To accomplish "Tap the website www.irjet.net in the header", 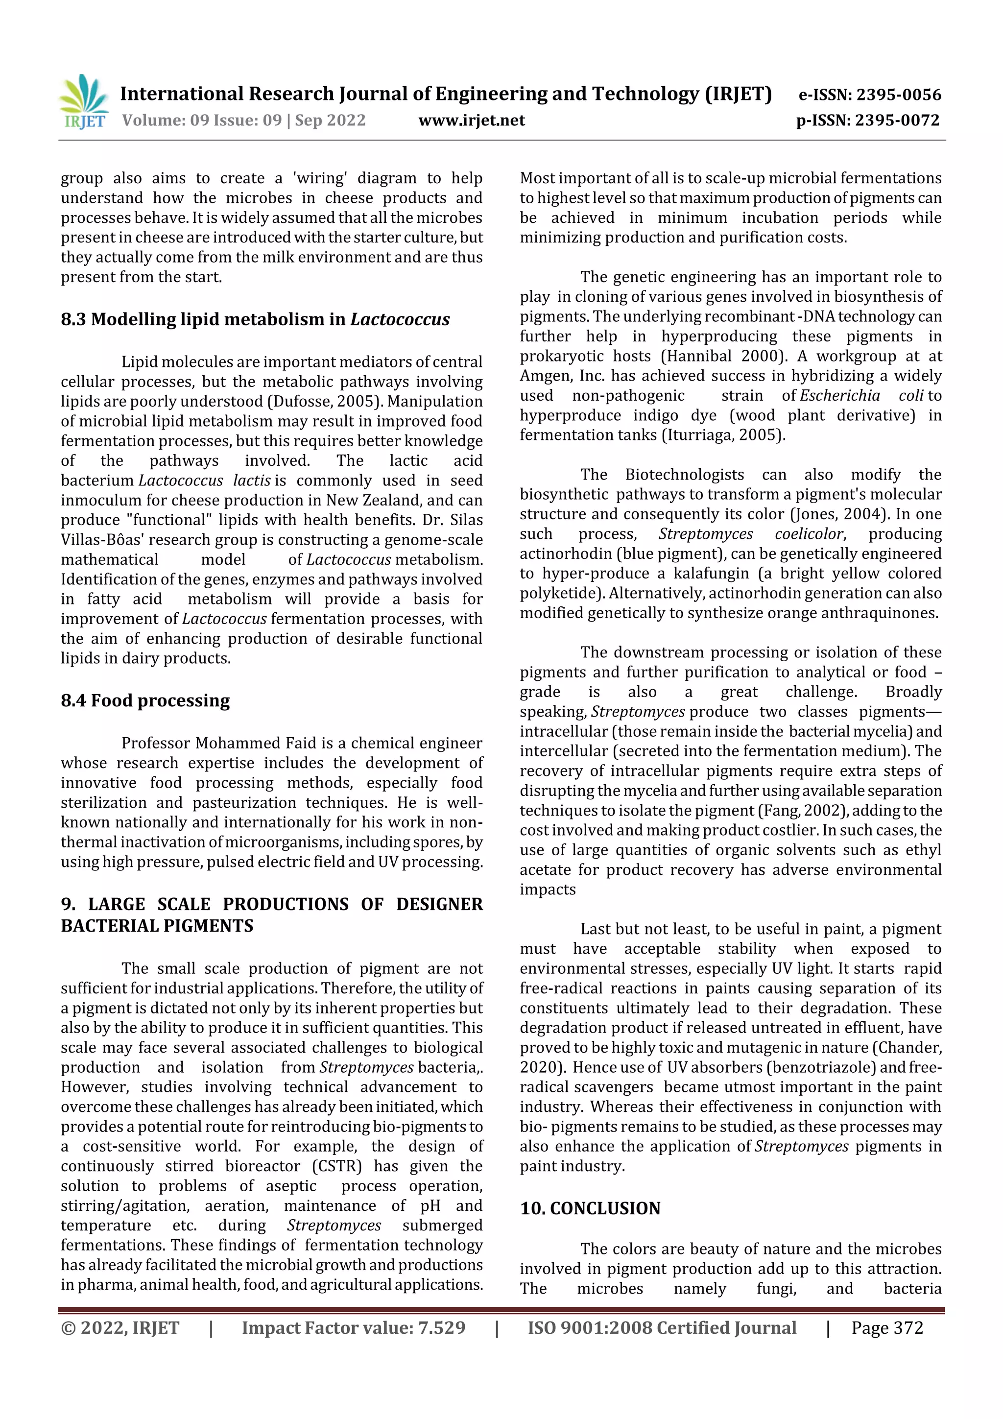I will coord(471,120).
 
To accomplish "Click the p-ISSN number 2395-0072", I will coord(897,120).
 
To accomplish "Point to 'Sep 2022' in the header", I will coord(330,120).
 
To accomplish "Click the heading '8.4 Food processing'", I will coord(145,700).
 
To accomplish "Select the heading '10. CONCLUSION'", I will coord(590,1208).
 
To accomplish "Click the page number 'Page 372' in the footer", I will coord(887,1327).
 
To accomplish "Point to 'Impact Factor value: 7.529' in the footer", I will coord(354,1327).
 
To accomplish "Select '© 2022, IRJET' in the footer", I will coord(120,1327).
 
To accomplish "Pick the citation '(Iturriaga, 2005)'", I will coord(723,435).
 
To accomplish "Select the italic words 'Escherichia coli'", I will coord(861,396).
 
